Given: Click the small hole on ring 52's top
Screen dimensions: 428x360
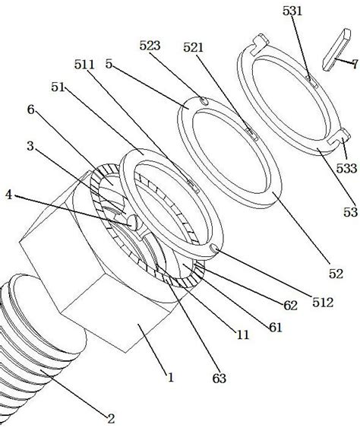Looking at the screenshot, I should click(x=202, y=100).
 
